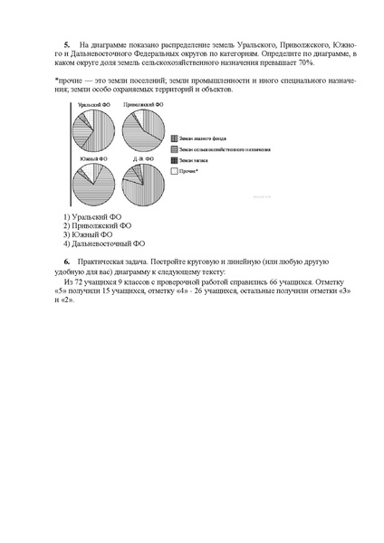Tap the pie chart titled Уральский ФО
91,129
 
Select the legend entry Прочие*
189,170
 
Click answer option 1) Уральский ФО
93,218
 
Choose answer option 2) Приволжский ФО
98,226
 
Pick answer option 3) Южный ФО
89,234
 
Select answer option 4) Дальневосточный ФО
104,243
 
